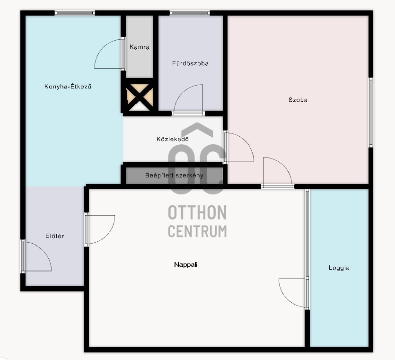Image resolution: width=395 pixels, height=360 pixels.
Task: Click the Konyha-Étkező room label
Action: tap(68, 87)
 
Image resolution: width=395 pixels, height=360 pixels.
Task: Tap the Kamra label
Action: tap(139, 47)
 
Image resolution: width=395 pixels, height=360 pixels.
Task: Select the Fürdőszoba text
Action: tap(190, 63)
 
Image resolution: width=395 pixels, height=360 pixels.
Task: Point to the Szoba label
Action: tap(298, 100)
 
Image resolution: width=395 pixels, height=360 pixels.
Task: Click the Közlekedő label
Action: tap(173, 139)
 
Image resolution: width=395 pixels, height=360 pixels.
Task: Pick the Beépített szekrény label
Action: tap(174, 176)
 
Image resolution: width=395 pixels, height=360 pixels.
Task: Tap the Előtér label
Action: tap(55, 236)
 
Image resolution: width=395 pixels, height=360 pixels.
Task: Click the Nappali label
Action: tap(186, 264)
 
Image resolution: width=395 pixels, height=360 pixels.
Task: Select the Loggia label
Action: tap(339, 268)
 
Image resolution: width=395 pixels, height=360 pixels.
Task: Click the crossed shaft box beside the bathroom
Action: tap(140, 97)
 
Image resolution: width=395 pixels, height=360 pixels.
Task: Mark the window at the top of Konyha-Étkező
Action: tap(75, 13)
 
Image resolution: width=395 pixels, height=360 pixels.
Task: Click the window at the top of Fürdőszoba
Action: tap(189, 13)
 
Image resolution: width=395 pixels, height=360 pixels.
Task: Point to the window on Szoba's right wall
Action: tap(371, 113)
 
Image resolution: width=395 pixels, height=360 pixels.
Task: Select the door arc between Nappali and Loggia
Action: tap(287, 299)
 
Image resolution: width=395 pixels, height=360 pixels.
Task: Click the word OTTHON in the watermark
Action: tap(197, 212)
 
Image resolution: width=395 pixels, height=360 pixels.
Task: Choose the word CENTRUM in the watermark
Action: tap(197, 231)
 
